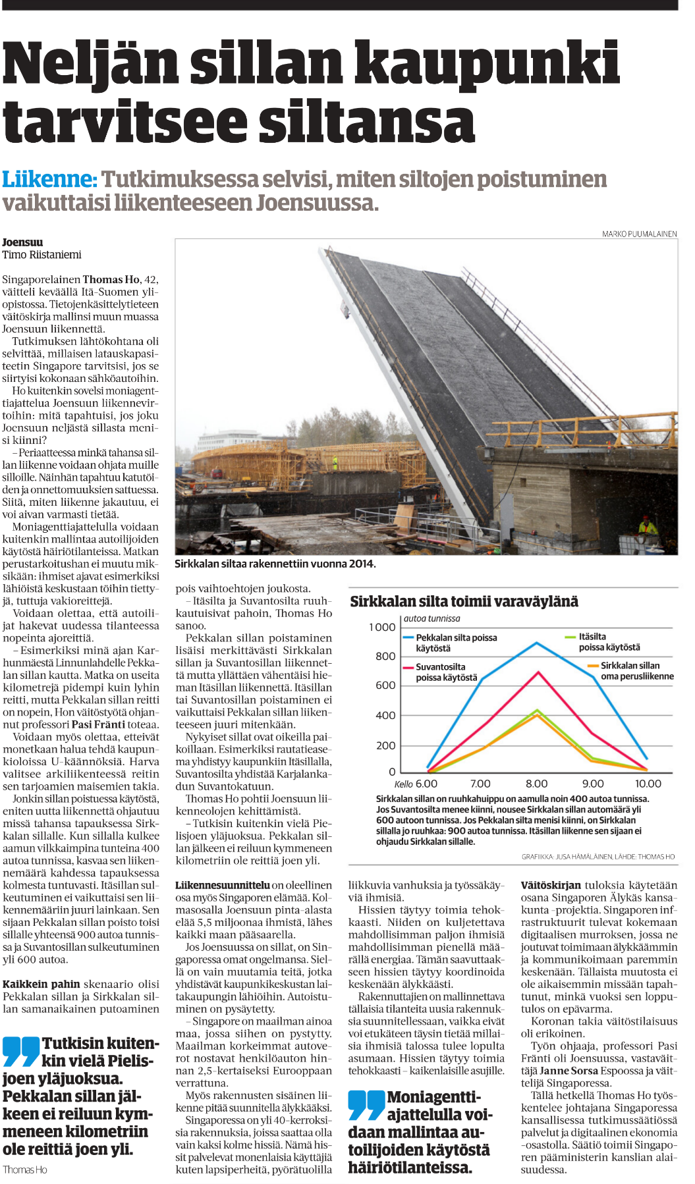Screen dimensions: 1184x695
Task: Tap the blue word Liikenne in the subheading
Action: point(49,179)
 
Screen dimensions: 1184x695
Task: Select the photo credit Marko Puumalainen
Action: point(639,234)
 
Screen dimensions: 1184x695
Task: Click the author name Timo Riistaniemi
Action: point(42,255)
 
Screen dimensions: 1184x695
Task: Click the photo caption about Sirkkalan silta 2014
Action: point(275,564)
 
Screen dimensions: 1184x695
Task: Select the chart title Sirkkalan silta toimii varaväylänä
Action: point(464,601)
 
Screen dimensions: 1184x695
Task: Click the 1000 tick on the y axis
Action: point(382,627)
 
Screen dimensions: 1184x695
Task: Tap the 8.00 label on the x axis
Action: point(536,784)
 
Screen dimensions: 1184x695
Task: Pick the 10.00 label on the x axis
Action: point(648,784)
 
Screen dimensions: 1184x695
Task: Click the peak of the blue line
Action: point(537,643)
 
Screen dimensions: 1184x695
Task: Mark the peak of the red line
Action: point(539,672)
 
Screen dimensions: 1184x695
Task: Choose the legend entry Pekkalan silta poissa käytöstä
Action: point(456,643)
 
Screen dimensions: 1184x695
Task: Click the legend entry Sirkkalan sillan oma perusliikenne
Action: point(636,671)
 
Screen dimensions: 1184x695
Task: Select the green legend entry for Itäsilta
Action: point(609,642)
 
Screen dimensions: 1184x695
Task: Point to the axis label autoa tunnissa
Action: point(432,618)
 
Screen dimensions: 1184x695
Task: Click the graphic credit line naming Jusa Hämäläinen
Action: point(598,857)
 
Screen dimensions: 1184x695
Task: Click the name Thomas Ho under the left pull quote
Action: point(25,1170)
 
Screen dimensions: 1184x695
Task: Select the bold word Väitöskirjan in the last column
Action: point(551,885)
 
